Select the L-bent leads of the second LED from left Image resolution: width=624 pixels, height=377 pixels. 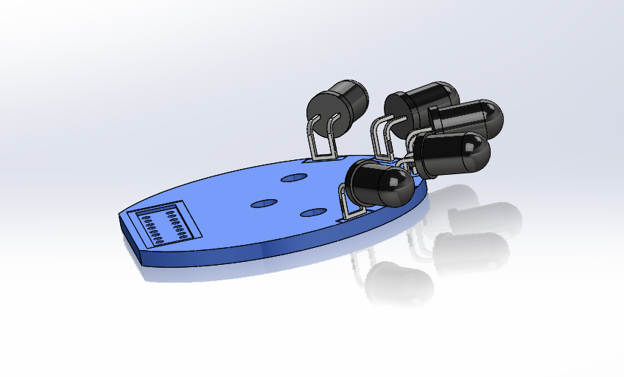380,136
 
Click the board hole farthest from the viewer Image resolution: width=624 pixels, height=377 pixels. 293,178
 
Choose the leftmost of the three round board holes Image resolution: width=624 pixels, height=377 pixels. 263,203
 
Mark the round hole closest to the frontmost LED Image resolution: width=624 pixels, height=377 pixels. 313,212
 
